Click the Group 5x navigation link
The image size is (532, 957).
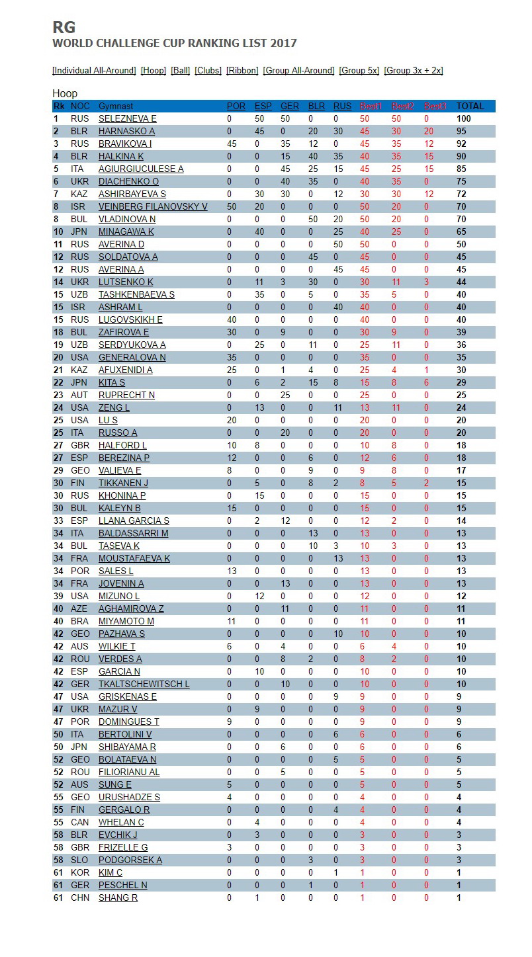coord(359,70)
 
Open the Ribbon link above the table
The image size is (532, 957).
coord(242,70)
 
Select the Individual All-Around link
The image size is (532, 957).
coord(95,70)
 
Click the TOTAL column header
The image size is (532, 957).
coord(470,106)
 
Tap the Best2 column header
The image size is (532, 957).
coord(402,106)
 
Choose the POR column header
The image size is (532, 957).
coord(236,106)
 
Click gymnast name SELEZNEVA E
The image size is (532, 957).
coord(128,118)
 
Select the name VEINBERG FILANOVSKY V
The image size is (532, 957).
coord(153,206)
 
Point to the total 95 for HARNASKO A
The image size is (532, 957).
coord(461,131)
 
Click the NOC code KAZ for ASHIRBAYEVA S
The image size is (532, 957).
coord(79,194)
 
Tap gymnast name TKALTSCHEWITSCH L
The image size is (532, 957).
coord(144,684)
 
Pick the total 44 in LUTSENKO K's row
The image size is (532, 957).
coord(461,282)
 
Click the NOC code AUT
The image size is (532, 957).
coord(79,395)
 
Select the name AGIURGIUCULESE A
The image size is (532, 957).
coord(141,169)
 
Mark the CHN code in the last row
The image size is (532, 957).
coord(80,897)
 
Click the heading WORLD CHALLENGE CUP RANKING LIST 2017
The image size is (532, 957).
coord(175,44)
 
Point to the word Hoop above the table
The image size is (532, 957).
coord(65,93)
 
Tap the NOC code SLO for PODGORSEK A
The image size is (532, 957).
coord(79,860)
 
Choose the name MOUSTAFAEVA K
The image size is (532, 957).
coord(134,558)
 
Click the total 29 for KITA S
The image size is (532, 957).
coord(461,382)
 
